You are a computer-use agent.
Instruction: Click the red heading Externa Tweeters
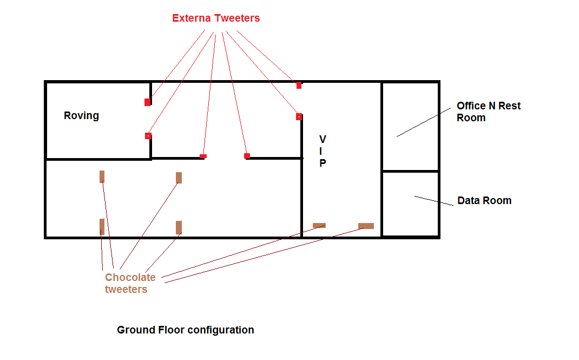(x=216, y=18)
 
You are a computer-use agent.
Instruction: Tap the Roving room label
(x=81, y=115)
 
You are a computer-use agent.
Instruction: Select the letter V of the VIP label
(x=323, y=139)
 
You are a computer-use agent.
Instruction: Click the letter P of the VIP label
(x=323, y=163)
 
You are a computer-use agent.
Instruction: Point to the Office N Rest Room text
(x=489, y=112)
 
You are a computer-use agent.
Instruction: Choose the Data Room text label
(x=484, y=200)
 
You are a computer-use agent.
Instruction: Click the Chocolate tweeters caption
(x=130, y=283)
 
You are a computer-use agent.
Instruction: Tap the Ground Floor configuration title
(x=186, y=330)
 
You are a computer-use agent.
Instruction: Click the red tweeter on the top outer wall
(x=299, y=86)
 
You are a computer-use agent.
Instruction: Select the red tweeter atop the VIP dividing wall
(x=299, y=117)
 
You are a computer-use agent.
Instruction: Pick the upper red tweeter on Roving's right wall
(x=148, y=102)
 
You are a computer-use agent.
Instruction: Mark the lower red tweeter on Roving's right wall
(x=148, y=136)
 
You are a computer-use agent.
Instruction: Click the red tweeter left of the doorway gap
(x=203, y=156)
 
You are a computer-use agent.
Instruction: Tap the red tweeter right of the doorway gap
(x=247, y=156)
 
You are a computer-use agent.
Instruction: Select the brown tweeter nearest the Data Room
(x=366, y=226)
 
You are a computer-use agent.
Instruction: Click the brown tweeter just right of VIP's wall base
(x=319, y=226)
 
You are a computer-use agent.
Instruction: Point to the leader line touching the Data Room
(x=434, y=200)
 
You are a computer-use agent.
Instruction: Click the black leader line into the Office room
(x=424, y=122)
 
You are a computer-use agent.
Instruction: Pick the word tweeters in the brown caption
(x=126, y=289)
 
